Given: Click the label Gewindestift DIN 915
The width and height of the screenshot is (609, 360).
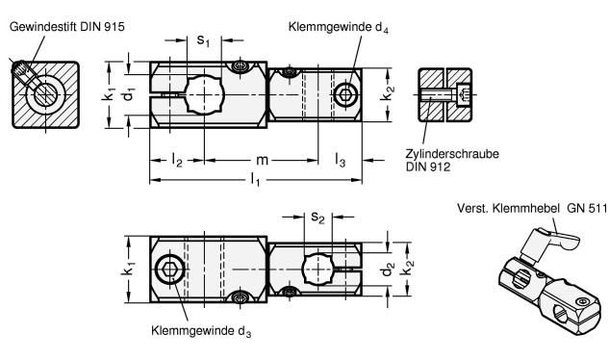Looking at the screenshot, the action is click(66, 27).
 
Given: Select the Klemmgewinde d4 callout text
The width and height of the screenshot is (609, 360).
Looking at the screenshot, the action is click(338, 28).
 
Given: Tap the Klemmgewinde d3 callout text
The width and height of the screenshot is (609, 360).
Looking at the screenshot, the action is click(201, 331).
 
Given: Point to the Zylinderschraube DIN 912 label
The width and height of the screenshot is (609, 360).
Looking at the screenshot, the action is click(452, 160).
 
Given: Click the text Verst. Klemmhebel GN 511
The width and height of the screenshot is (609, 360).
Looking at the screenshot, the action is click(532, 208).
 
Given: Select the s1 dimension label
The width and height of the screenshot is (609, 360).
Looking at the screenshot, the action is click(203, 40).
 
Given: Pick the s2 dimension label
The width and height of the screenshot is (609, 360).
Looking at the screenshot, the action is click(317, 218).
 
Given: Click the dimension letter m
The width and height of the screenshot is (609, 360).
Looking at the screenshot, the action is click(262, 160).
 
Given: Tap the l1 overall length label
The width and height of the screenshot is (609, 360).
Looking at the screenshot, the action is click(255, 180).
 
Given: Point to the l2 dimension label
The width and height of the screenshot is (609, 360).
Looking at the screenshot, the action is click(177, 160).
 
